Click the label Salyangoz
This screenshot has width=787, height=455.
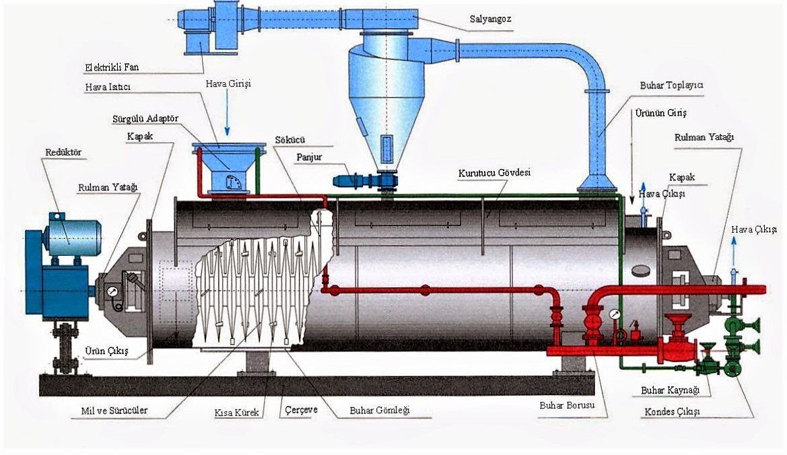point(490,19)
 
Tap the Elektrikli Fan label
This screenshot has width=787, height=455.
point(112,67)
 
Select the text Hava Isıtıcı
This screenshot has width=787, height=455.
point(108,87)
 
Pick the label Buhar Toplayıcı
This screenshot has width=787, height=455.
point(671,86)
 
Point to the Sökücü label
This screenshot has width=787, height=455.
point(288,141)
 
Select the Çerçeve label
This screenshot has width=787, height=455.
point(301,410)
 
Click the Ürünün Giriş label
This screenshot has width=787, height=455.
point(660,113)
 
